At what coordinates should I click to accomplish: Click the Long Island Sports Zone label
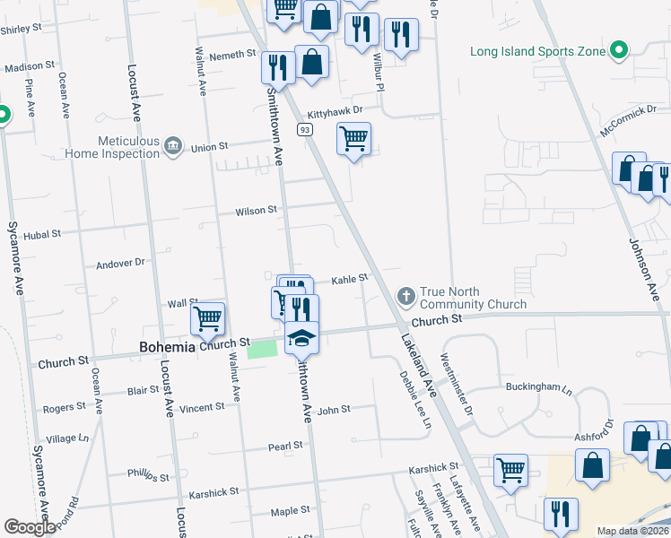pyautogui.click(x=538, y=51)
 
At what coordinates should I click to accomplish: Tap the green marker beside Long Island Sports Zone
pyautogui.click(x=618, y=51)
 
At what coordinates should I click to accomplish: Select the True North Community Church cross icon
pyautogui.click(x=405, y=295)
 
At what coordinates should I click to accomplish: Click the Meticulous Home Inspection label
pyautogui.click(x=112, y=147)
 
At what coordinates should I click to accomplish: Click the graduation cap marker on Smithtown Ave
pyautogui.click(x=301, y=338)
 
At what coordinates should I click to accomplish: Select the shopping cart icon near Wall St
pyautogui.click(x=207, y=317)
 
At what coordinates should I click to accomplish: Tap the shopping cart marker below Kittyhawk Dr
pyautogui.click(x=354, y=139)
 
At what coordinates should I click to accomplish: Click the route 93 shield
pyautogui.click(x=306, y=130)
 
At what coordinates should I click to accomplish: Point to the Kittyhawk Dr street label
pyautogui.click(x=335, y=112)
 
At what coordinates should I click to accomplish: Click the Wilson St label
pyautogui.click(x=256, y=211)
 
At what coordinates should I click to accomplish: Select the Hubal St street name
pyautogui.click(x=42, y=233)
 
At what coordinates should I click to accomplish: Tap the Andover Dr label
pyautogui.click(x=120, y=264)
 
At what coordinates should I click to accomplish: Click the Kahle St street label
pyautogui.click(x=350, y=279)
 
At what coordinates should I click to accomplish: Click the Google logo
pyautogui.click(x=30, y=527)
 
